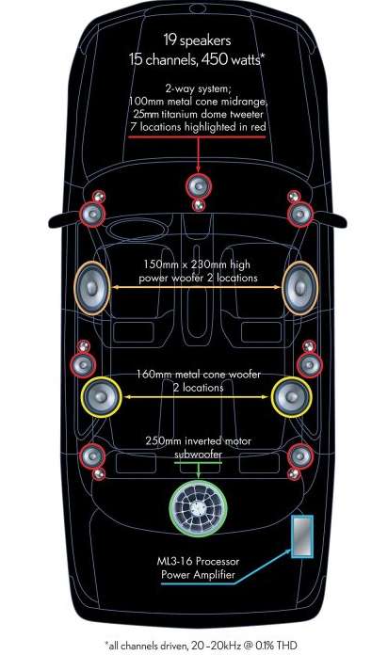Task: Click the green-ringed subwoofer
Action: [198, 508]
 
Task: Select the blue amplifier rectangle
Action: [302, 536]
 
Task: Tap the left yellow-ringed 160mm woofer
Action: [101, 397]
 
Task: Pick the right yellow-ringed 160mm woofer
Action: [291, 397]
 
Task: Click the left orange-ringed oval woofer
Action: [92, 288]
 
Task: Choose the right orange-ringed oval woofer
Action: [299, 288]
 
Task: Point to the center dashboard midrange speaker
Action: [199, 186]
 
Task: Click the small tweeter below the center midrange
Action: [198, 205]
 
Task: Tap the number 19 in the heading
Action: [170, 40]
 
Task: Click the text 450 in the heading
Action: [214, 59]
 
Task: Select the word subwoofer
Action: [198, 454]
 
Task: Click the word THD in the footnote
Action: [287, 646]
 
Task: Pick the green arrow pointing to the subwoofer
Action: [198, 470]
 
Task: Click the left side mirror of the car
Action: [63, 220]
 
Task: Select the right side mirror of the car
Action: [331, 219]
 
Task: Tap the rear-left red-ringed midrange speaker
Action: [92, 455]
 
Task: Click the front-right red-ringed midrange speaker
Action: [300, 215]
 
